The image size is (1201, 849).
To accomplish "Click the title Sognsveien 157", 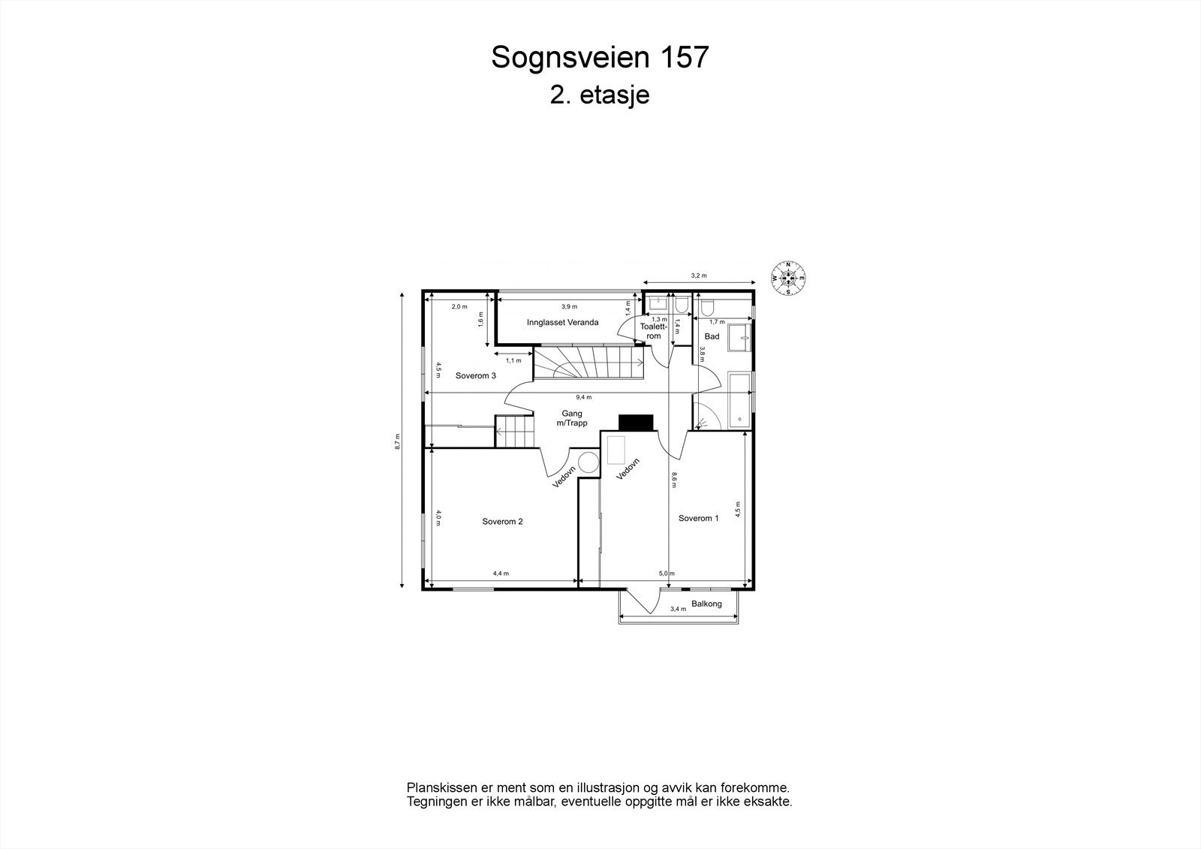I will click(600, 57).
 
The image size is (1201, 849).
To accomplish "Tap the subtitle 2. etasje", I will click(600, 96).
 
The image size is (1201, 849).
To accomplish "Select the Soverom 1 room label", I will click(698, 518).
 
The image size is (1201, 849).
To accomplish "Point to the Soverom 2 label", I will click(502, 522).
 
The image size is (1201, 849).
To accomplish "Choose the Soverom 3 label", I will click(475, 376).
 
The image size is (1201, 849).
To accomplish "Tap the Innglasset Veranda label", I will click(562, 323).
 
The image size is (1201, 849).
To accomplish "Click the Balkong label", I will click(706, 604).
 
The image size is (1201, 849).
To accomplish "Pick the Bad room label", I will click(712, 336).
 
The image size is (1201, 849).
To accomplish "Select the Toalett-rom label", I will click(653, 331).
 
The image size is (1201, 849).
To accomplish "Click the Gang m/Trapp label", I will click(572, 418).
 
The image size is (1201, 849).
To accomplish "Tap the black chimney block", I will click(636, 423).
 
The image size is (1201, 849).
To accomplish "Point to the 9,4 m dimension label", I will click(583, 397).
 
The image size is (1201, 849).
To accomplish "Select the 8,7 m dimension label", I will click(398, 441).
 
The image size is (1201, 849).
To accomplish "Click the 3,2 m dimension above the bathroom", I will click(698, 275).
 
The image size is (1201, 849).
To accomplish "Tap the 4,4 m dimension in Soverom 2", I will click(501, 574).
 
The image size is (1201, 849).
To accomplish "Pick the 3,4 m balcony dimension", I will click(678, 609).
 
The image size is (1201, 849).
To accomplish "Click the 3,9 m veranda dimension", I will click(569, 306).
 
